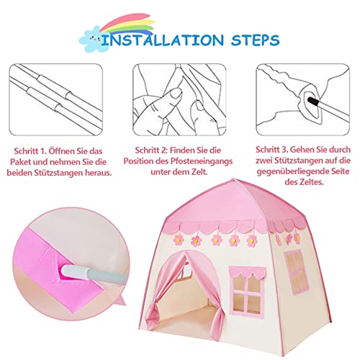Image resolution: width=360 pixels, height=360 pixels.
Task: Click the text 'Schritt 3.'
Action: (273, 148)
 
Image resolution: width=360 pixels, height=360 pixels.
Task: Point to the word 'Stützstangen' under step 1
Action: (80, 175)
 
